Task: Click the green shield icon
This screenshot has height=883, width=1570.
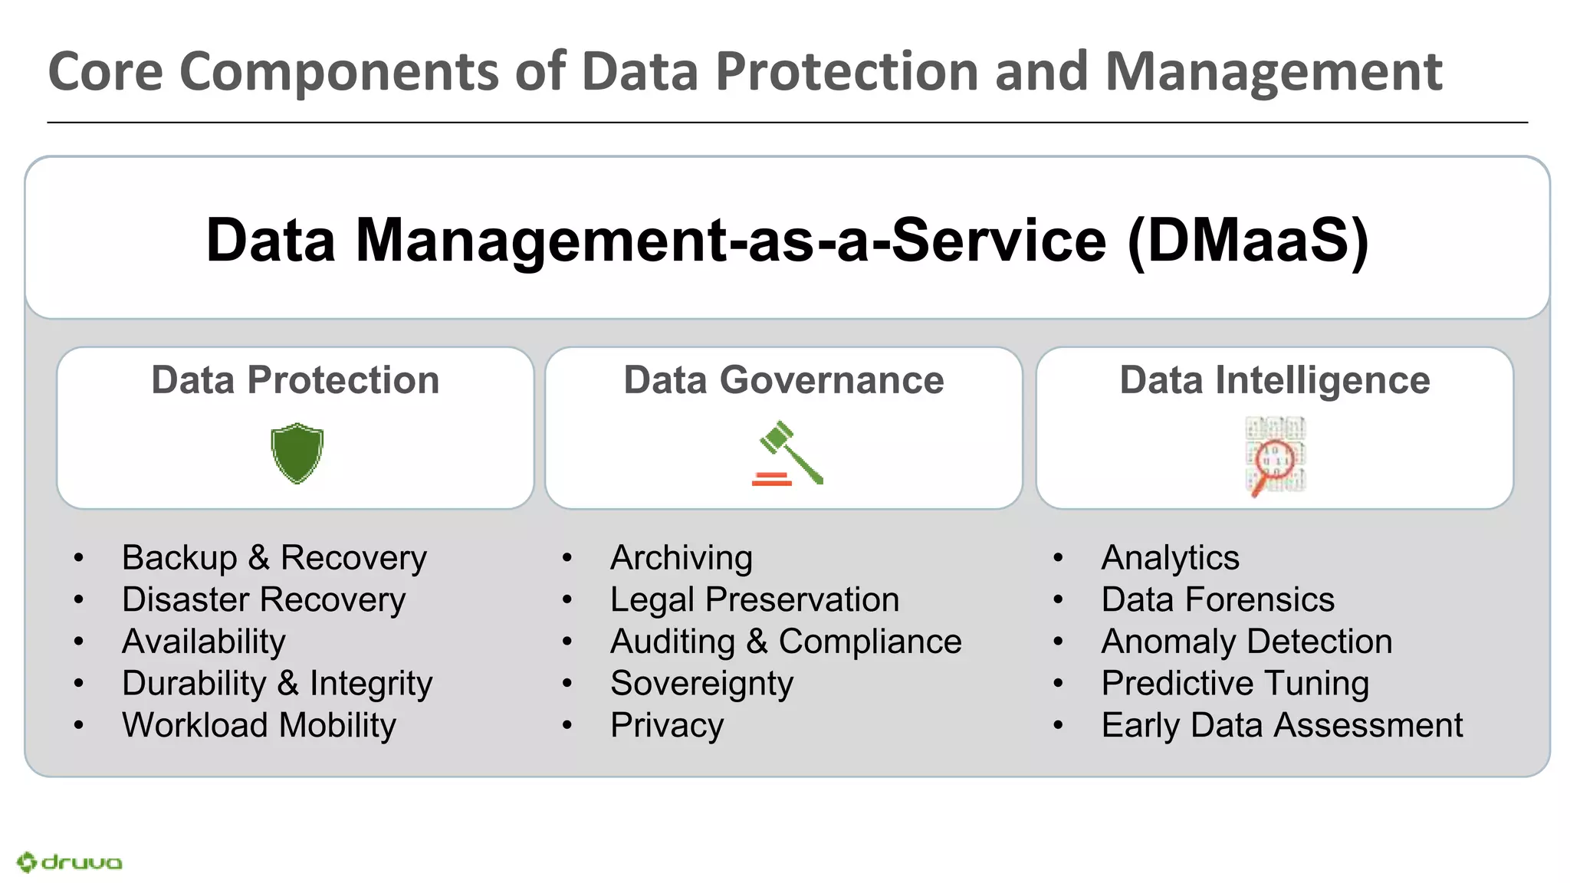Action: (297, 453)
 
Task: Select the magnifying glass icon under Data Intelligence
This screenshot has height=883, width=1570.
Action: (1275, 457)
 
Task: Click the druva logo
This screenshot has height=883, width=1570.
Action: (70, 862)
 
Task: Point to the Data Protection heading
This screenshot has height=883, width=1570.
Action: (295, 380)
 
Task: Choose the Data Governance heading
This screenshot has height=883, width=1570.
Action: (783, 380)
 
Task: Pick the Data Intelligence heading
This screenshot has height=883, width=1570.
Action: (1274, 380)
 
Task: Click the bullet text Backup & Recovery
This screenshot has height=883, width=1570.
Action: (274, 558)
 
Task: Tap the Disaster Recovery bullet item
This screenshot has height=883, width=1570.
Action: (263, 599)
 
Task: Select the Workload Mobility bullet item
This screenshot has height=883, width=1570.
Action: (258, 725)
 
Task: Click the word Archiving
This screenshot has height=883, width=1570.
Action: (681, 558)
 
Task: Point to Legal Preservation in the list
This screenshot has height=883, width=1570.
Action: (754, 599)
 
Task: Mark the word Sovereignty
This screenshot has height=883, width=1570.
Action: (701, 684)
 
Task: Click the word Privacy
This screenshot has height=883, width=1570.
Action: (666, 725)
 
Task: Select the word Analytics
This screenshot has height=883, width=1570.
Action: (1170, 558)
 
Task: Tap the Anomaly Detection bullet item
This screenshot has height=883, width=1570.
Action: (1246, 642)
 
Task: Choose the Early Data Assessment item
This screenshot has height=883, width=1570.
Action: (1282, 725)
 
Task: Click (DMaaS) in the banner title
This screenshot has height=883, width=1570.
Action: (1248, 241)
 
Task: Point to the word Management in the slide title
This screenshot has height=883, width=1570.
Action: (1273, 72)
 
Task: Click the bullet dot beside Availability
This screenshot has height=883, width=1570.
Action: (78, 642)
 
